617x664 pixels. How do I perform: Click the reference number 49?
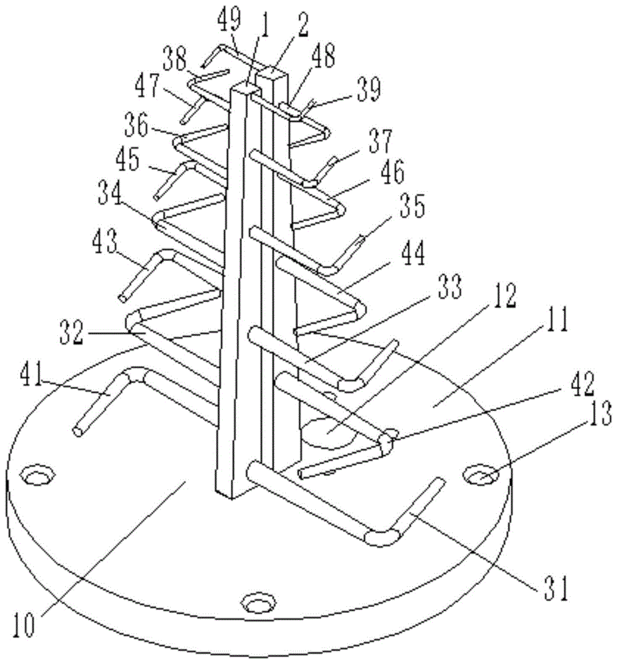coord(229,21)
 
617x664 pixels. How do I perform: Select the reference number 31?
coord(556,588)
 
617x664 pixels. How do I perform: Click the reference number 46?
coord(392,171)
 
